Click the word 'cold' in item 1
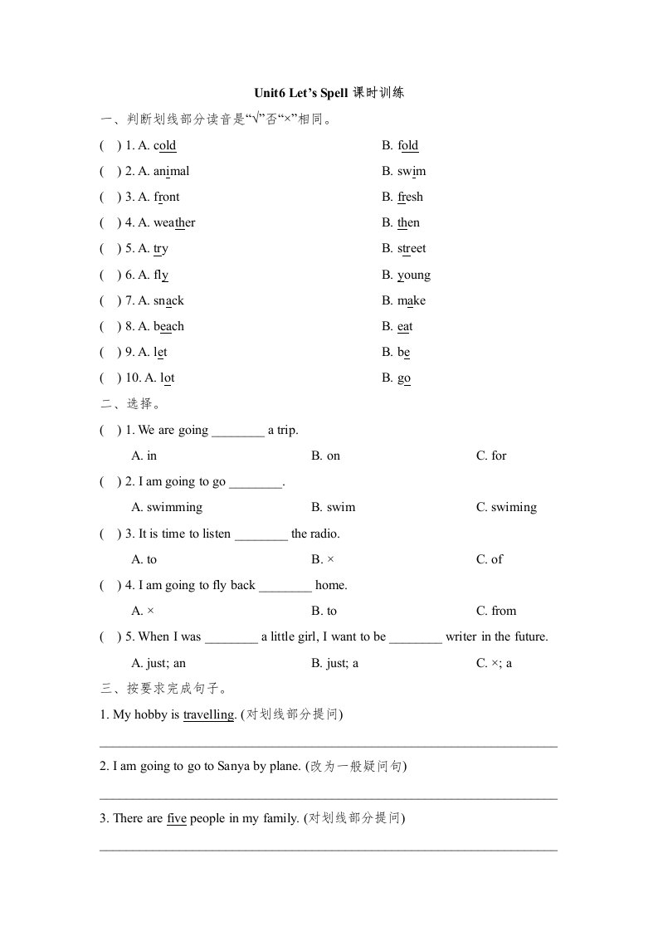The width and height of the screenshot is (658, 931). point(164,146)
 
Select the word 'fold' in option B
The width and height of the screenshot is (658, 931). point(408,146)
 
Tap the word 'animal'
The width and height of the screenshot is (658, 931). point(171,172)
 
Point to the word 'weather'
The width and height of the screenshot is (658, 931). point(174,223)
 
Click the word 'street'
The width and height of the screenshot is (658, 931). point(412,249)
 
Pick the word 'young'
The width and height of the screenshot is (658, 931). point(414,275)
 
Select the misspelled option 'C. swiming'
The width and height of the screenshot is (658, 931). point(506,508)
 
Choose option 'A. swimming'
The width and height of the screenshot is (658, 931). point(167,508)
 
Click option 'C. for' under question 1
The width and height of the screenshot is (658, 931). point(491,456)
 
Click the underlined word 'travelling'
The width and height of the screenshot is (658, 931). point(208,714)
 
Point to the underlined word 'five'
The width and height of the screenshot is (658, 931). point(177,819)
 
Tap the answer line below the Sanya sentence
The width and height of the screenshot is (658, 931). point(329,798)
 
